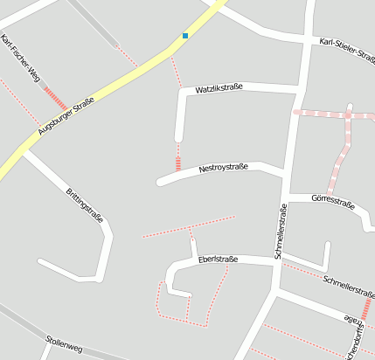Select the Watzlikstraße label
[218, 89]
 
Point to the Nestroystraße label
[224, 167]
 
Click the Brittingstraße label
[85, 204]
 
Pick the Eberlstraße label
[218, 260]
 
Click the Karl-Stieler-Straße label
[348, 47]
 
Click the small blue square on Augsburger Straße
[185, 36]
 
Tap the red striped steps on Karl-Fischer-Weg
[55, 98]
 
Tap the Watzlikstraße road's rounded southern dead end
[179, 135]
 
